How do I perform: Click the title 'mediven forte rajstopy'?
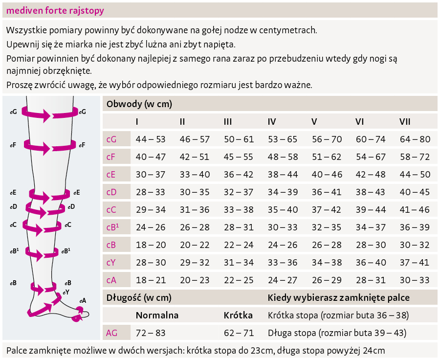click(x=55, y=10)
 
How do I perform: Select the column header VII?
click(x=405, y=121)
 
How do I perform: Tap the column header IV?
click(x=272, y=121)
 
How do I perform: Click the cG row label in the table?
click(x=111, y=139)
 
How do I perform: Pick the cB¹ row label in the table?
click(x=113, y=227)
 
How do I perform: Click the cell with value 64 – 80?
click(x=415, y=139)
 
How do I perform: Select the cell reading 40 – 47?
click(x=151, y=157)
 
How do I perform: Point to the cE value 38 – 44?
click(x=283, y=175)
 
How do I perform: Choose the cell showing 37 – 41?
click(x=415, y=263)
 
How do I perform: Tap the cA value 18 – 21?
click(x=151, y=280)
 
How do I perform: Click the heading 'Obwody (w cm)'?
click(x=139, y=104)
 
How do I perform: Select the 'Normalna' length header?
click(x=157, y=315)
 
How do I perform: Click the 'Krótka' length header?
click(x=238, y=315)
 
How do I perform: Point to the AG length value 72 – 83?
click(x=151, y=333)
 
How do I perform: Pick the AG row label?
click(x=111, y=333)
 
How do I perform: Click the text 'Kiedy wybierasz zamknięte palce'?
click(x=338, y=297)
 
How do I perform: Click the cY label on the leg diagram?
click(x=66, y=292)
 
